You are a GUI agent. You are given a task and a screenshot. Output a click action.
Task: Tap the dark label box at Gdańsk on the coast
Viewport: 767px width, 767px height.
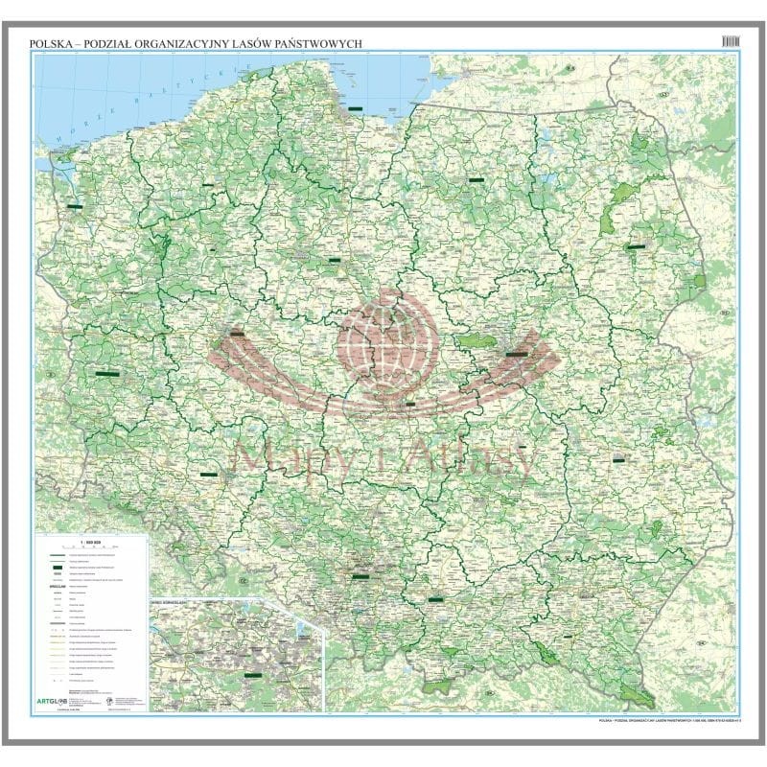pyautogui.click(x=357, y=108)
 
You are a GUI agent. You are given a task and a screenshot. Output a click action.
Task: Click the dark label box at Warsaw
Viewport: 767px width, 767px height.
pyautogui.click(x=517, y=354)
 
